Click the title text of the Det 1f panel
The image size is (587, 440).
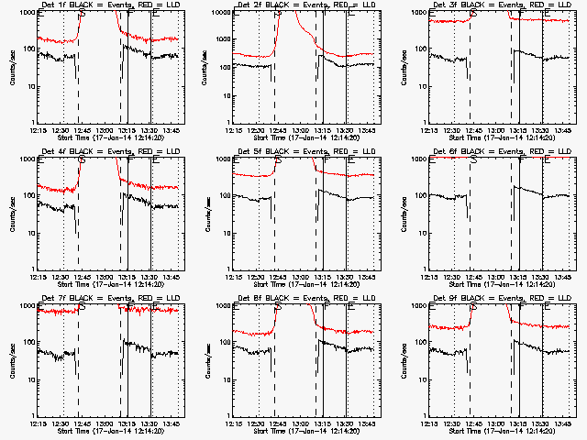point(106,5)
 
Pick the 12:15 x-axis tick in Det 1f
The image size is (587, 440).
point(39,129)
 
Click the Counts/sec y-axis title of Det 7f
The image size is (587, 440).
point(11,360)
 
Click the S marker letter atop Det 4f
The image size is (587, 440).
point(82,161)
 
